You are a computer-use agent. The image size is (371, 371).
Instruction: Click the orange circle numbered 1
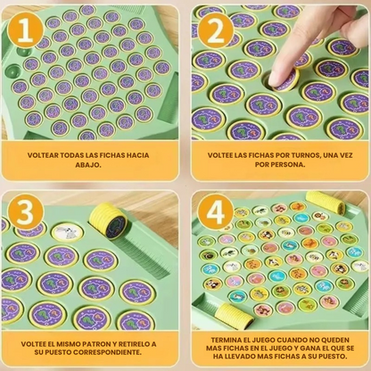[x=25, y=30]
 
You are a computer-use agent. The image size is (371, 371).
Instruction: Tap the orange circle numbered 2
[x=216, y=30]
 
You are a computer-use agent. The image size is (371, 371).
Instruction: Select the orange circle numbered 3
[x=25, y=212]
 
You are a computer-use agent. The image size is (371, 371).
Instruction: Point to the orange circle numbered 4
[x=216, y=212]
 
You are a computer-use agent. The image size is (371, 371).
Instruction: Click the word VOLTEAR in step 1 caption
[x=43, y=155]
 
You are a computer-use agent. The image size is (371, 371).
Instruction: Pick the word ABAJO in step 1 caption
[x=87, y=165]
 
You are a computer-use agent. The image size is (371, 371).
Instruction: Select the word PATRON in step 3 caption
[x=95, y=344]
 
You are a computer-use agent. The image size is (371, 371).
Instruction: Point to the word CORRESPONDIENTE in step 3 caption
[x=107, y=352]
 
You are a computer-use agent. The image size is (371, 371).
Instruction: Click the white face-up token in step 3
[x=67, y=233]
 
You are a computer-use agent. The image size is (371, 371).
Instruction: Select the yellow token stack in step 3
[x=109, y=220]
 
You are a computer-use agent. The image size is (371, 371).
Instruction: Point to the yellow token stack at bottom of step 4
[x=235, y=316]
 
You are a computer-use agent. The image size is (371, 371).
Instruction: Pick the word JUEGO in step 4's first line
[x=265, y=340]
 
